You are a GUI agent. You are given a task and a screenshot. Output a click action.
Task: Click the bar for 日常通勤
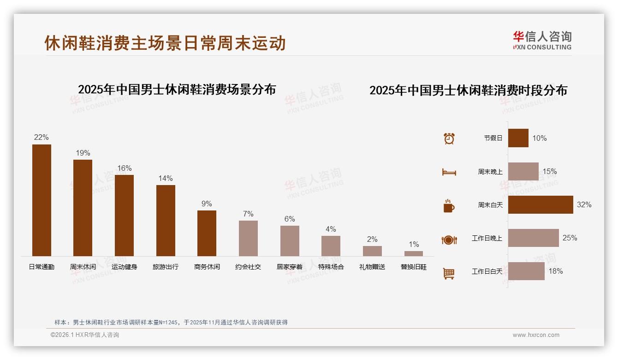[42, 200]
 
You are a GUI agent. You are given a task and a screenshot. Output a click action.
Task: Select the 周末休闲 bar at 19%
[83, 208]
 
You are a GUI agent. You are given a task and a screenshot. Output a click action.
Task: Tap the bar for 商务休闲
[207, 233]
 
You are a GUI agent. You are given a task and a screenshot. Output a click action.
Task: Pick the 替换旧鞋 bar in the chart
[414, 253]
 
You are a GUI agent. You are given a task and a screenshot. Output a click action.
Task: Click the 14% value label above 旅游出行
[166, 178]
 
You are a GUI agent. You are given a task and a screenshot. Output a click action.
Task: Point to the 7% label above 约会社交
[248, 214]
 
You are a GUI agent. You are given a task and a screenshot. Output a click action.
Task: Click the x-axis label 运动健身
[124, 267]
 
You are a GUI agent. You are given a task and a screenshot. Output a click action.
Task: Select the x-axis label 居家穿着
[290, 267]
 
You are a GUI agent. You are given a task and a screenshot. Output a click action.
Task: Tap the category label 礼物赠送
[372, 267]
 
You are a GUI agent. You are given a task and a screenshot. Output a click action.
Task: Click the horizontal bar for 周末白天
[541, 204]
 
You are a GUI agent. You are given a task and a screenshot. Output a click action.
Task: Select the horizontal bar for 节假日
[518, 138]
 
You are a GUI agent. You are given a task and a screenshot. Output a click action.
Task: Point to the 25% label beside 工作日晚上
[570, 238]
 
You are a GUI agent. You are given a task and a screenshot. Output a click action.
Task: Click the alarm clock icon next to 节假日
[449, 138]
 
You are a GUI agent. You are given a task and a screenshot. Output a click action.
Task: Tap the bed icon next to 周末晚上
[449, 172]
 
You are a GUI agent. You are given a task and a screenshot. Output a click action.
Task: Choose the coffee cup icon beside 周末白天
[449, 205]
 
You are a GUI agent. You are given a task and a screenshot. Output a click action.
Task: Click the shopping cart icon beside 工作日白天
[449, 273]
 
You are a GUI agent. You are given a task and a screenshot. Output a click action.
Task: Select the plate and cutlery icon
[449, 240]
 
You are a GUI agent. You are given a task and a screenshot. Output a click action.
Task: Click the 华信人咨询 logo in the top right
[542, 41]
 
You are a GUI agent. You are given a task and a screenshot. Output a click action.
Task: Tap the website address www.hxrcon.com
[536, 335]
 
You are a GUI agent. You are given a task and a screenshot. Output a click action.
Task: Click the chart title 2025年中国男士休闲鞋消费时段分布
[468, 90]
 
